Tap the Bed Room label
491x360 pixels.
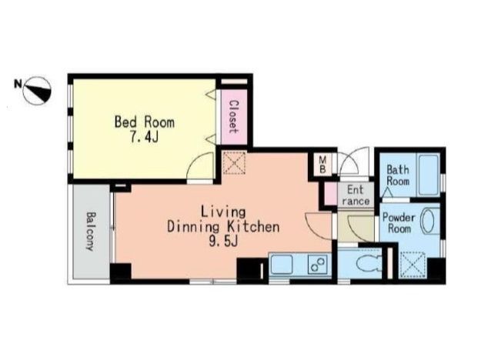point(145,122)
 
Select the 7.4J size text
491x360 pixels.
point(145,137)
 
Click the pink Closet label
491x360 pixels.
point(232,117)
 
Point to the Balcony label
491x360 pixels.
point(91,232)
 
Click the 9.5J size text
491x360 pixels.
point(223,242)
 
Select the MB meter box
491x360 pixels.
point(322,165)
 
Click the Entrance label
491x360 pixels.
point(356,195)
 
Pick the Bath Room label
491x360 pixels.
point(398,175)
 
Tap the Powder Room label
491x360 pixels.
point(399,222)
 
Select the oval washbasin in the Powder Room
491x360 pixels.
point(428,222)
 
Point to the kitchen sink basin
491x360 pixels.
point(282,264)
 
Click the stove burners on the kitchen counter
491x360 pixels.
point(318,264)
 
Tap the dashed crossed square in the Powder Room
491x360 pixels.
point(413,265)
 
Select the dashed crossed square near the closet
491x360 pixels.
point(234,163)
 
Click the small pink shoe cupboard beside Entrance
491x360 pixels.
point(329,194)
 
